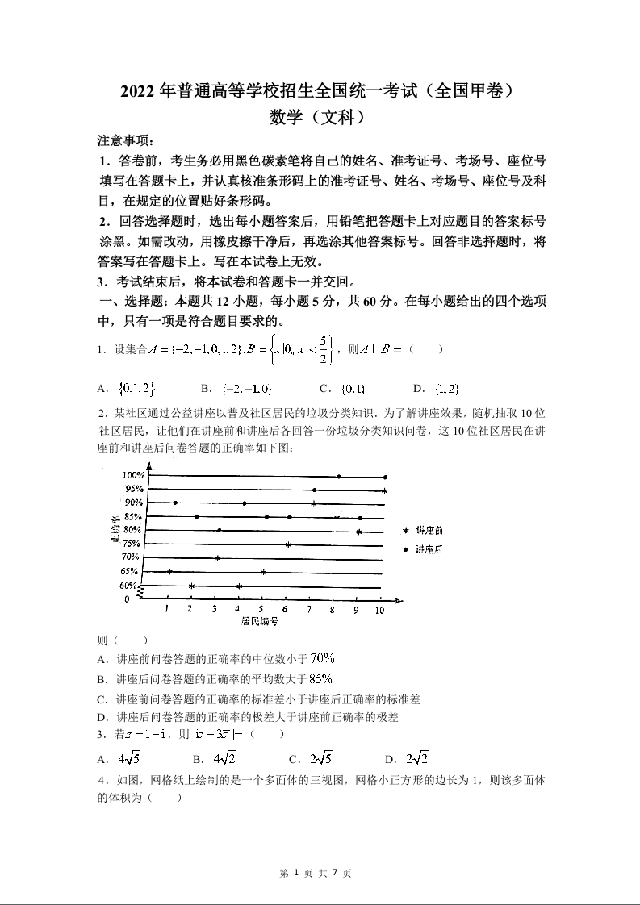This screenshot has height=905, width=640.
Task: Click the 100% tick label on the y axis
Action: pyautogui.click(x=134, y=475)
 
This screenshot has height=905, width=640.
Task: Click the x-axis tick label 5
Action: pyautogui.click(x=261, y=610)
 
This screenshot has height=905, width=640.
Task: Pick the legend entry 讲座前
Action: pyautogui.click(x=429, y=531)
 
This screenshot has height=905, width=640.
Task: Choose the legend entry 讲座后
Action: pyautogui.click(x=429, y=549)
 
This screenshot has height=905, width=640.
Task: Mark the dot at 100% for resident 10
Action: pyautogui.click(x=385, y=478)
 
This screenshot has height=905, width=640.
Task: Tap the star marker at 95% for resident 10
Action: pyautogui.click(x=385, y=490)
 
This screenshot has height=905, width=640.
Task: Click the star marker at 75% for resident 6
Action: pyautogui.click(x=288, y=544)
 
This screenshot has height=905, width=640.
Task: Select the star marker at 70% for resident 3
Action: pyautogui.click(x=217, y=558)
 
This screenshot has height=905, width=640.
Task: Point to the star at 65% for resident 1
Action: pyautogui.click(x=169, y=572)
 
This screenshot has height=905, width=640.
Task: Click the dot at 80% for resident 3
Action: pyautogui.click(x=219, y=530)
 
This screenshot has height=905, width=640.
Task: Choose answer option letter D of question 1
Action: pyautogui.click(x=419, y=389)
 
